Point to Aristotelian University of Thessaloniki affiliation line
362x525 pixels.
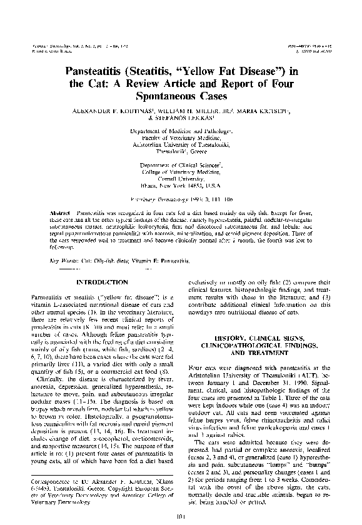(180, 144)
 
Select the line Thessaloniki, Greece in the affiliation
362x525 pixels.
(180, 151)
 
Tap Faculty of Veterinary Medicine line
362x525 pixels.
(180, 137)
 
